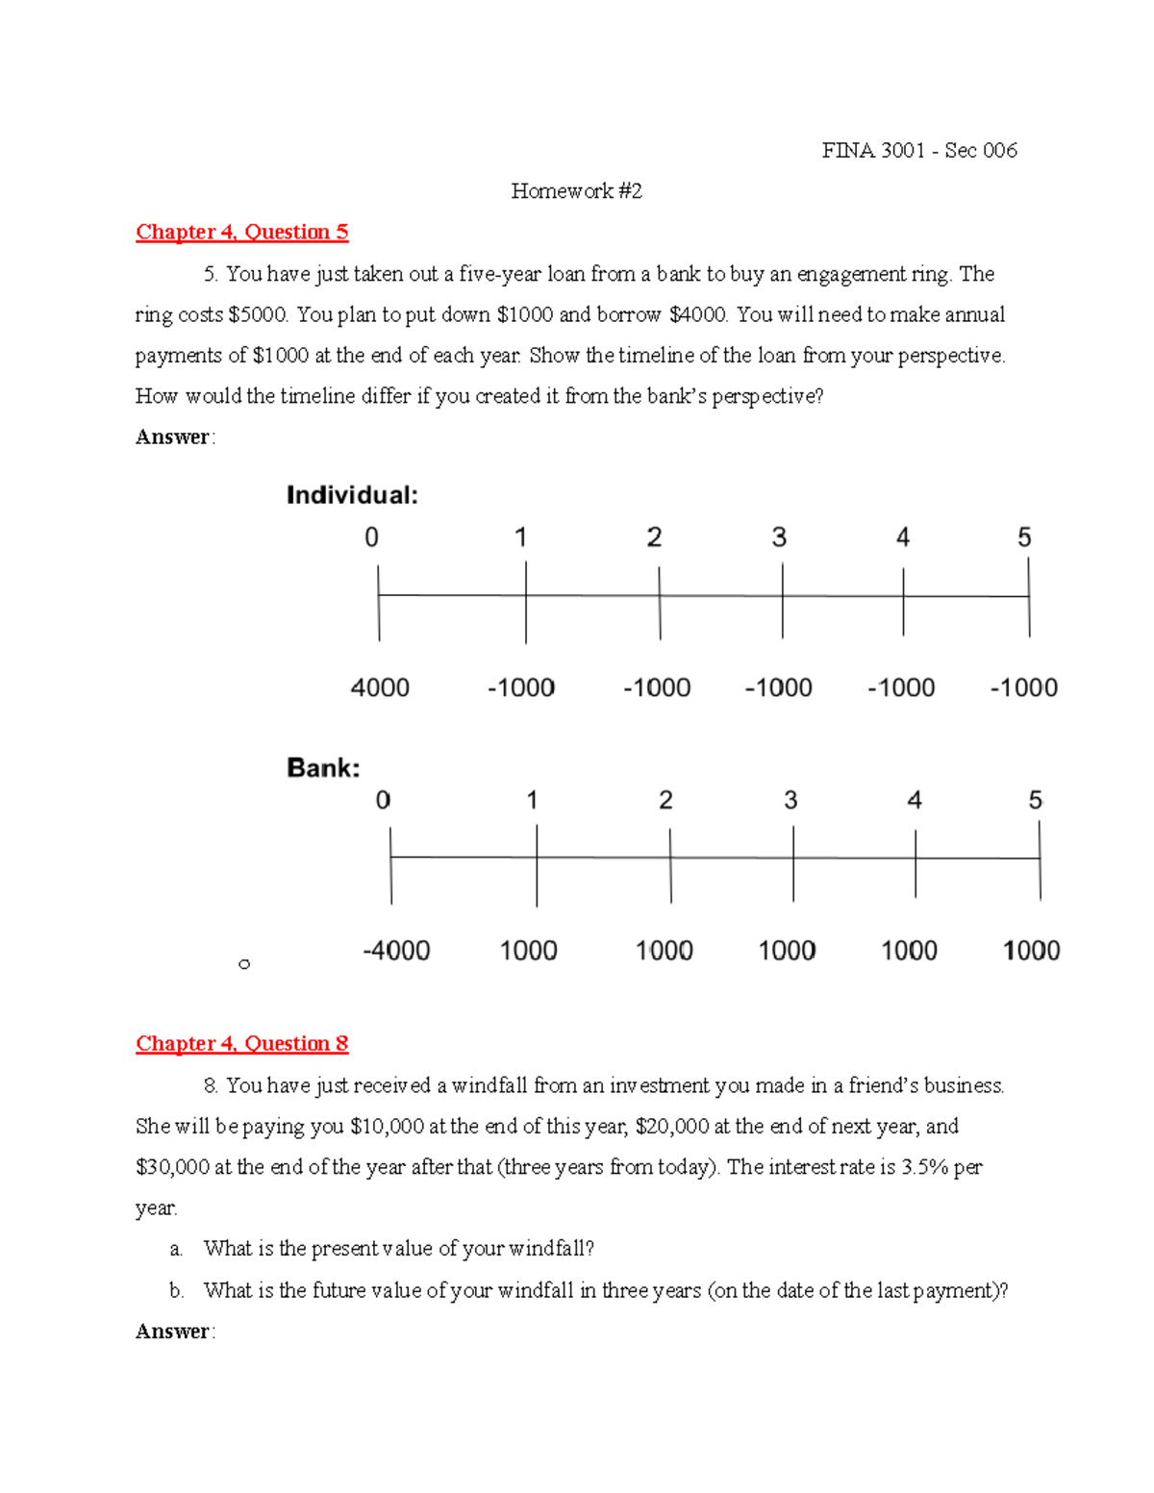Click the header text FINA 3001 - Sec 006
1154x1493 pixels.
(918, 150)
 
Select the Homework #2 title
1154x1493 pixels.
(576, 190)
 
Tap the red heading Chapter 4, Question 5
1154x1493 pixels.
(241, 232)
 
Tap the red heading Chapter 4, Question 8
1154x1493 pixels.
(241, 1043)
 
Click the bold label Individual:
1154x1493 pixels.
(352, 495)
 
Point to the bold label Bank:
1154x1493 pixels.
(323, 767)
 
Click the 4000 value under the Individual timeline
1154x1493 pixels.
(380, 687)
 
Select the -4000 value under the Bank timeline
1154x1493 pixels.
(396, 951)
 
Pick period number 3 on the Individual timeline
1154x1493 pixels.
(779, 537)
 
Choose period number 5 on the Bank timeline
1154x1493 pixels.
(1036, 800)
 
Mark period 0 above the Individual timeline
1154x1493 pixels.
(371, 537)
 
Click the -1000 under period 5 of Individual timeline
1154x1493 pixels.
(1023, 687)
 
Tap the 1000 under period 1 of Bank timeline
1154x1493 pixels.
(528, 951)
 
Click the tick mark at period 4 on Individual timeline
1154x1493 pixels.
(903, 601)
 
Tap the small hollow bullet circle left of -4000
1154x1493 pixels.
(244, 963)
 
